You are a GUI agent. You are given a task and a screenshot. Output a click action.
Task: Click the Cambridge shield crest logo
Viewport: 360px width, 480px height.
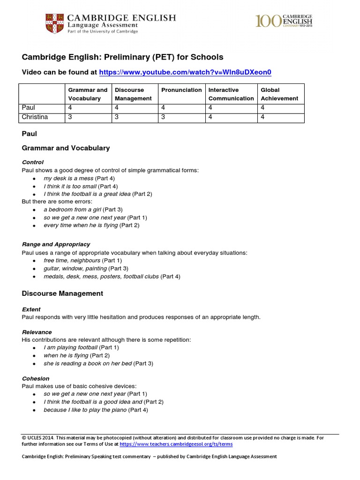[55, 23]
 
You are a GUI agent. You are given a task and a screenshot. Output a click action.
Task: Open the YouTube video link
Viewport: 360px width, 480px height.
[185, 72]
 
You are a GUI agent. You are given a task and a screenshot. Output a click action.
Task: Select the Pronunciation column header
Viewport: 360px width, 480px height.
[181, 90]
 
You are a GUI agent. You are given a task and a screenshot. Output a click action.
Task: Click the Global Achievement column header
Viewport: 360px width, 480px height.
[279, 94]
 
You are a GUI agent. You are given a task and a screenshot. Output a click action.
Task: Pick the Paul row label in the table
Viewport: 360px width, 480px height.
[29, 108]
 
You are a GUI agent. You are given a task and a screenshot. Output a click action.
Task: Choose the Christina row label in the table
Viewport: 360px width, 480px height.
[35, 117]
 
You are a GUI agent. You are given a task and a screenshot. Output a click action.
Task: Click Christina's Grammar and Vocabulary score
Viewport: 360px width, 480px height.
[70, 117]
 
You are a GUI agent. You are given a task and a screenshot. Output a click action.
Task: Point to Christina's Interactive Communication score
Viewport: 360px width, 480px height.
[210, 117]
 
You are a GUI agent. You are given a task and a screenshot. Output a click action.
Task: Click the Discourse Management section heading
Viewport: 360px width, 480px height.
[62, 293]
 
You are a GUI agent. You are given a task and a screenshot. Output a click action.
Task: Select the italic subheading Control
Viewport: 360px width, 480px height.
[33, 162]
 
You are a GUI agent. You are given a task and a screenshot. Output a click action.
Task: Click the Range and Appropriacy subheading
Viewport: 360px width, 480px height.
[56, 244]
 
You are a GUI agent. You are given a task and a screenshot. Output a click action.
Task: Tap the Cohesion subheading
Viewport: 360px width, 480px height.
[36, 378]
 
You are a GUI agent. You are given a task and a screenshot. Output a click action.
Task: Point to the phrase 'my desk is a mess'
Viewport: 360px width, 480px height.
[68, 179]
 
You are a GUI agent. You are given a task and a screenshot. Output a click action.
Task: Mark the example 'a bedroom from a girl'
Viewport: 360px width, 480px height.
[72, 210]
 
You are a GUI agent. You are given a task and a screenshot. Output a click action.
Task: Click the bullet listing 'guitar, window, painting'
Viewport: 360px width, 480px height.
[75, 269]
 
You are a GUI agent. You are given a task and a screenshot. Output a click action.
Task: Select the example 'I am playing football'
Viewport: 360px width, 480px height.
[71, 347]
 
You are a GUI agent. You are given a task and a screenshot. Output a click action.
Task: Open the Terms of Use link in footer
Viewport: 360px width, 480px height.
[176, 444]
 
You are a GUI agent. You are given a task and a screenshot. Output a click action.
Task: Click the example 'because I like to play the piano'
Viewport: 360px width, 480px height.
[85, 410]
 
